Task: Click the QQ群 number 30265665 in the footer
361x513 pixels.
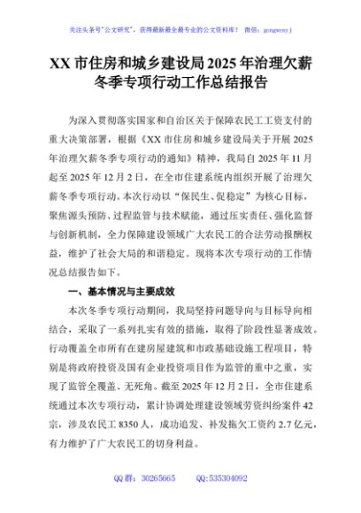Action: coord(156,479)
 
